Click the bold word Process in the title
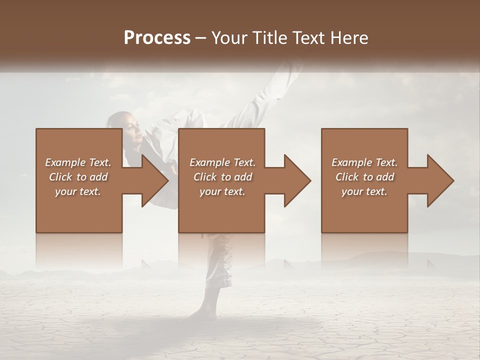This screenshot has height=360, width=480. click(x=157, y=38)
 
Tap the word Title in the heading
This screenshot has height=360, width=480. click(x=269, y=38)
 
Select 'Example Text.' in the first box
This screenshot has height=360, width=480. click(x=78, y=162)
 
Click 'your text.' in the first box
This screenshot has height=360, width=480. click(x=78, y=191)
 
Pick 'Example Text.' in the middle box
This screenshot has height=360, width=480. click(x=222, y=162)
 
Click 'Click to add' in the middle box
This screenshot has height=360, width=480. click(x=222, y=177)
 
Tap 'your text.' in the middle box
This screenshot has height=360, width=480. click(x=222, y=191)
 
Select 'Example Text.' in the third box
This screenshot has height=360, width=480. click(x=364, y=162)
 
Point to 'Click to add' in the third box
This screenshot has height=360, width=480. click(x=364, y=177)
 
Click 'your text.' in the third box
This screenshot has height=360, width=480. click(x=364, y=191)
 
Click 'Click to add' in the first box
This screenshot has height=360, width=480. click(x=78, y=177)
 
